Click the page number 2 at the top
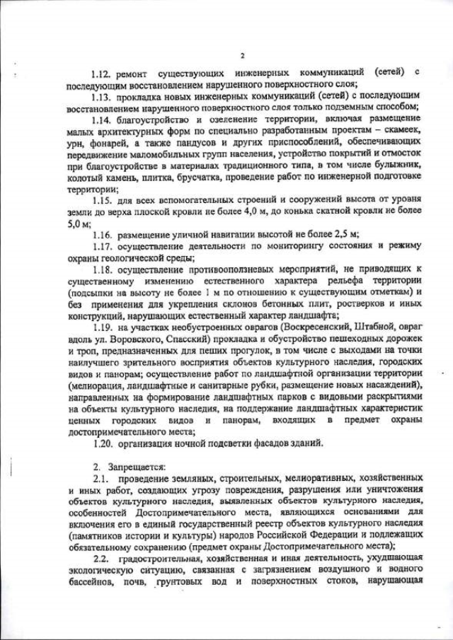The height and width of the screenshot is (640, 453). pos(242,56)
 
